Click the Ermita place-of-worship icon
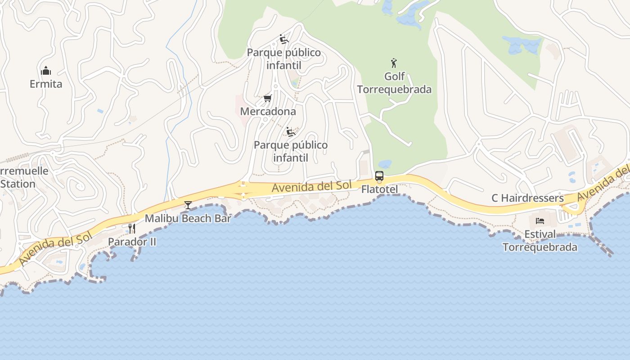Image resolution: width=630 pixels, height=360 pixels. pyautogui.click(x=46, y=71)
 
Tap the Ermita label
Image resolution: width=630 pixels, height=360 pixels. pyautogui.click(x=46, y=84)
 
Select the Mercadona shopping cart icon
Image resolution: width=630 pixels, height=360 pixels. pyautogui.click(x=268, y=98)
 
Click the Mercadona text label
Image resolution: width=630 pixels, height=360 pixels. pyautogui.click(x=268, y=111)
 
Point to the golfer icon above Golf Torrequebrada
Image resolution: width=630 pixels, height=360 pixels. pyautogui.click(x=394, y=63)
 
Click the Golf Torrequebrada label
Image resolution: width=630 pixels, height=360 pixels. pyautogui.click(x=394, y=83)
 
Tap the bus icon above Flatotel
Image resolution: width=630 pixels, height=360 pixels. pyautogui.click(x=379, y=176)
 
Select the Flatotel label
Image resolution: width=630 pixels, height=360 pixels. pyautogui.click(x=380, y=189)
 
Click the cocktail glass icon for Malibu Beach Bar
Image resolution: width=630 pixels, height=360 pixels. pyautogui.click(x=188, y=205)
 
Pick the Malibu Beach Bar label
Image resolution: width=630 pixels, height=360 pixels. pyautogui.click(x=188, y=219)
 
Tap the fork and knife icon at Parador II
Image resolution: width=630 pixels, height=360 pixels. pyautogui.click(x=131, y=229)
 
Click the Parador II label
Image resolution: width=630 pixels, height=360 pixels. pyautogui.click(x=132, y=242)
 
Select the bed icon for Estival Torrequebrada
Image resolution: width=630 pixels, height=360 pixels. pyautogui.click(x=540, y=221)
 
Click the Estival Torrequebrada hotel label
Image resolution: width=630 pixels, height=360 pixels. pyautogui.click(x=540, y=241)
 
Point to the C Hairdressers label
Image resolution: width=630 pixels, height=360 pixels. pyautogui.click(x=527, y=198)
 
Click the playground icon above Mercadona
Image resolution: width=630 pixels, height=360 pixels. pyautogui.click(x=283, y=40)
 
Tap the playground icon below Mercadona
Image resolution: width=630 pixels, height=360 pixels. pyautogui.click(x=291, y=132)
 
